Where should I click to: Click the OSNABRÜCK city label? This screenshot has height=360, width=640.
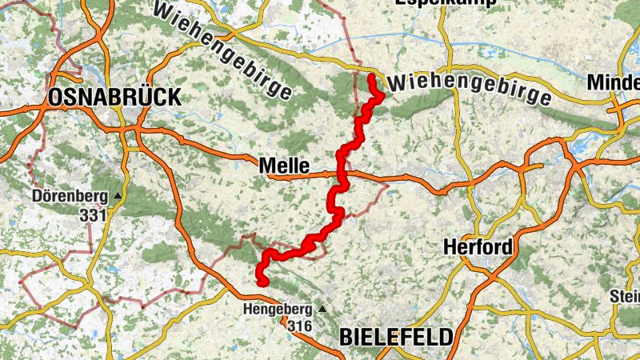pos(115,98)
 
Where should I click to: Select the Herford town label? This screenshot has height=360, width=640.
pos(478,247)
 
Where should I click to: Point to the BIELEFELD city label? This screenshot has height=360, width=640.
pos(396,337)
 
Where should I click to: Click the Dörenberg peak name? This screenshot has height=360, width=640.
pos(70,196)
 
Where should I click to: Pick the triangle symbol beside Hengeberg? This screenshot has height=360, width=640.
pos(322,309)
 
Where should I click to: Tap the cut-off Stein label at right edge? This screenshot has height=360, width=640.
pos(625,296)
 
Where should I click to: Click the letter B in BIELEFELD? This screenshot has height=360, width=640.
pos(346,337)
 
